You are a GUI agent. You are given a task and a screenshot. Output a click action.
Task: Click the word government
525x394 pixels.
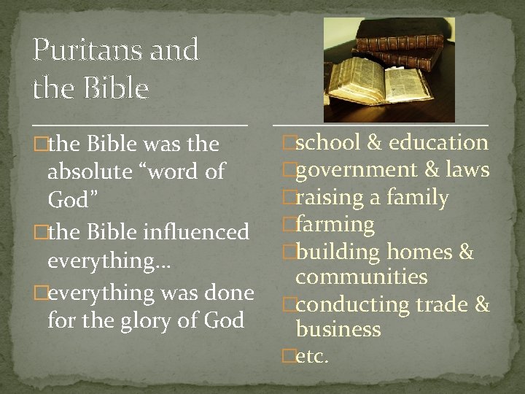coord(354,170)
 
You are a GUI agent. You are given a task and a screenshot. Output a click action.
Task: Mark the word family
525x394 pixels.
coord(418,198)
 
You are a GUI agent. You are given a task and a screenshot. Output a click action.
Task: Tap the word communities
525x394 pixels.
coord(361,277)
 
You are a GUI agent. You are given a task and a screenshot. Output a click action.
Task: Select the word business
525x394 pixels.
coord(338,330)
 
